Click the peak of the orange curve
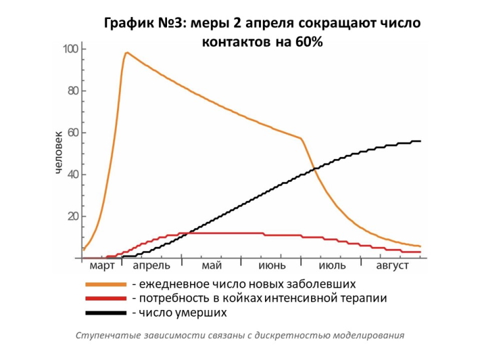[126, 53]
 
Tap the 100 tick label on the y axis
[70, 49]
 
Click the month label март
[102, 266]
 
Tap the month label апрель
[151, 266]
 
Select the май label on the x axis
[212, 266]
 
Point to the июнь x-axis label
[271, 266]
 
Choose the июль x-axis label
[332, 266]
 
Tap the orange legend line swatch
[105, 284]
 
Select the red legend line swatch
[105, 299]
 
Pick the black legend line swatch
[105, 313]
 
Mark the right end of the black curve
[420, 141]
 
